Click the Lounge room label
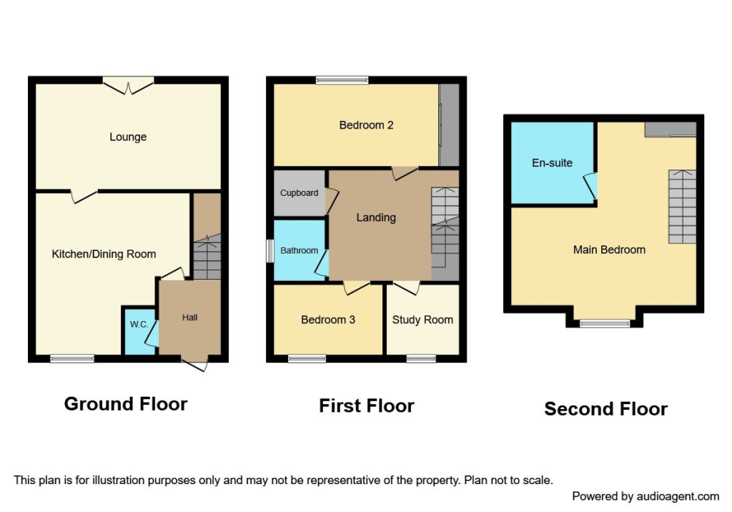[128, 137]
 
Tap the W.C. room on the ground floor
[139, 330]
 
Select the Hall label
[189, 317]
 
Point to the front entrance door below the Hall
[194, 363]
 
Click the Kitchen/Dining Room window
[72, 358]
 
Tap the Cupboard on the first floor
[299, 193]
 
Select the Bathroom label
[299, 250]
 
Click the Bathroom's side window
[270, 250]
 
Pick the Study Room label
[422, 320]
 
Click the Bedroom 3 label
[328, 320]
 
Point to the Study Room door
[406, 287]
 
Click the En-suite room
[552, 163]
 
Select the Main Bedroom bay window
[605, 323]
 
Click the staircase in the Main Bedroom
[682, 207]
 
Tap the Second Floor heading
[605, 409]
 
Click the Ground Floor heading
[126, 404]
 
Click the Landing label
[376, 217]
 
